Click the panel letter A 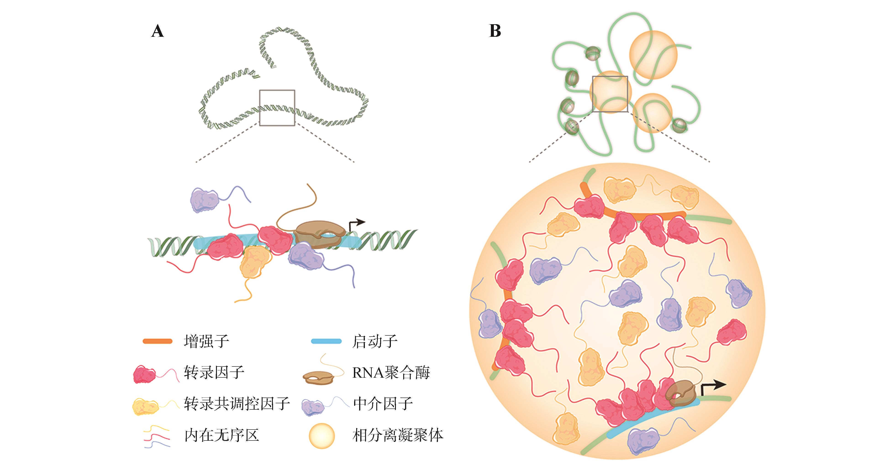[158, 31]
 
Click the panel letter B [495, 31]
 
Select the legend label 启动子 [374, 341]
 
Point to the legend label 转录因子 [214, 372]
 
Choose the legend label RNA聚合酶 [391, 372]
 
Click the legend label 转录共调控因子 [237, 403]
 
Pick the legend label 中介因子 [383, 403]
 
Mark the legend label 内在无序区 [222, 435]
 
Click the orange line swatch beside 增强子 [158, 341]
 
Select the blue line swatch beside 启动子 [326, 341]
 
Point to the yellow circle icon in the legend [322, 436]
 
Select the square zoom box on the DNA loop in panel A [277, 108]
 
